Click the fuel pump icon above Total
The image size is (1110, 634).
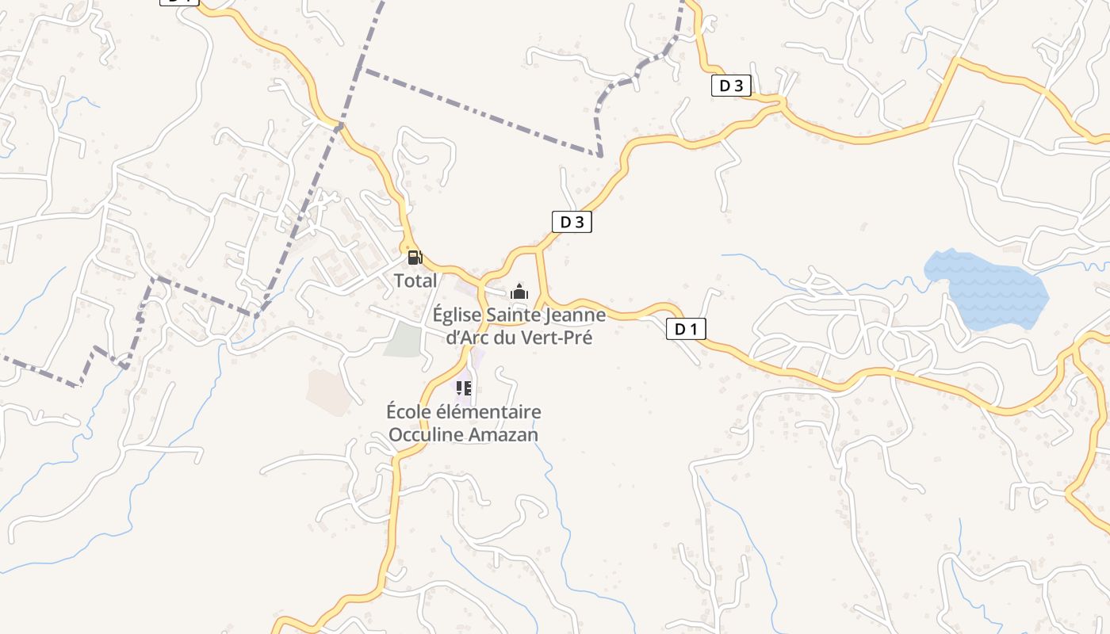coord(415,257)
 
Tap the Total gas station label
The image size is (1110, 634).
coord(415,281)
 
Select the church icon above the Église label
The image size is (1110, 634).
coord(519,292)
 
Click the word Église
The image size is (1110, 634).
coord(457,315)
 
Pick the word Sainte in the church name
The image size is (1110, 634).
coord(511,315)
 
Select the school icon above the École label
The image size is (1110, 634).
coord(464,388)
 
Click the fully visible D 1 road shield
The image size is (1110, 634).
coord(686,329)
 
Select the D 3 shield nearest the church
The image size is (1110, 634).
coord(572,222)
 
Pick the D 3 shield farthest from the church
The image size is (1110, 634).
coord(730,86)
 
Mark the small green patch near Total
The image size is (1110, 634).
coord(403,339)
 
